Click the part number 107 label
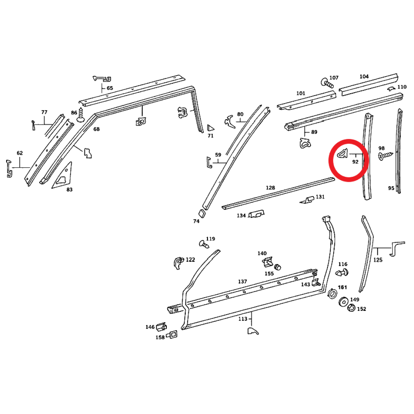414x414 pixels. [x=334, y=78]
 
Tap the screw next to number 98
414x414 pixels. [x=385, y=156]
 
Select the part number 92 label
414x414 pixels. [x=355, y=162]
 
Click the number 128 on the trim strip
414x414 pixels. [x=270, y=188]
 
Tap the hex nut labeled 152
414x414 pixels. [x=350, y=308]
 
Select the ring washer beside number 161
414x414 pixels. [x=332, y=294]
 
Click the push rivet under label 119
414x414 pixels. [x=204, y=245]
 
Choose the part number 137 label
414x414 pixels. [x=242, y=282]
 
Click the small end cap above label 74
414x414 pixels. [x=202, y=213]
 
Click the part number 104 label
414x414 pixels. [x=364, y=77]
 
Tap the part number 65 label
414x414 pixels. [x=110, y=88]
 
